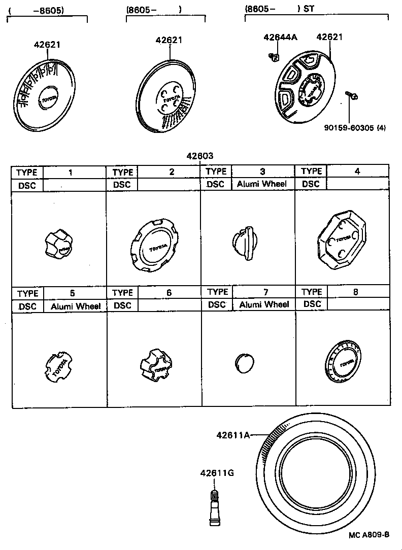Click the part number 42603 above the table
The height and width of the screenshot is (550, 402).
199,156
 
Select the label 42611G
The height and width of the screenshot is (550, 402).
217,473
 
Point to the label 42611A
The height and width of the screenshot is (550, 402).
233,434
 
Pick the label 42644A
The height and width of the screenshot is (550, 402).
280,37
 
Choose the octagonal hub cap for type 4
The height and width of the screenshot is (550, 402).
341,240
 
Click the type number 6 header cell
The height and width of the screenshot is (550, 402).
169,292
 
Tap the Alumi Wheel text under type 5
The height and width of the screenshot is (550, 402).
76,306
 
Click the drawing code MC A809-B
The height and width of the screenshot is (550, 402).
369,535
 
